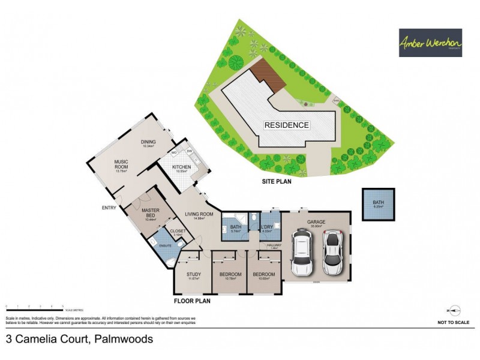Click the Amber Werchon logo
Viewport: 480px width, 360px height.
(x=430, y=43)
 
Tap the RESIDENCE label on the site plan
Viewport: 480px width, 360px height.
(x=287, y=125)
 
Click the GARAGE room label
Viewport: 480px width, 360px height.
(x=316, y=222)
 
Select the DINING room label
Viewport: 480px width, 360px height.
(x=149, y=142)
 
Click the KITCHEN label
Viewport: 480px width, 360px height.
(x=181, y=167)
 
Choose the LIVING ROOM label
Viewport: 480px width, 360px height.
(x=199, y=214)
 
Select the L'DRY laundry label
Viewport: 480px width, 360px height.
(x=268, y=226)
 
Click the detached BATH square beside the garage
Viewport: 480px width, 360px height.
(x=378, y=205)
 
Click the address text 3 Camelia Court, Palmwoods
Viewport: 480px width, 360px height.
(x=79, y=339)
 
